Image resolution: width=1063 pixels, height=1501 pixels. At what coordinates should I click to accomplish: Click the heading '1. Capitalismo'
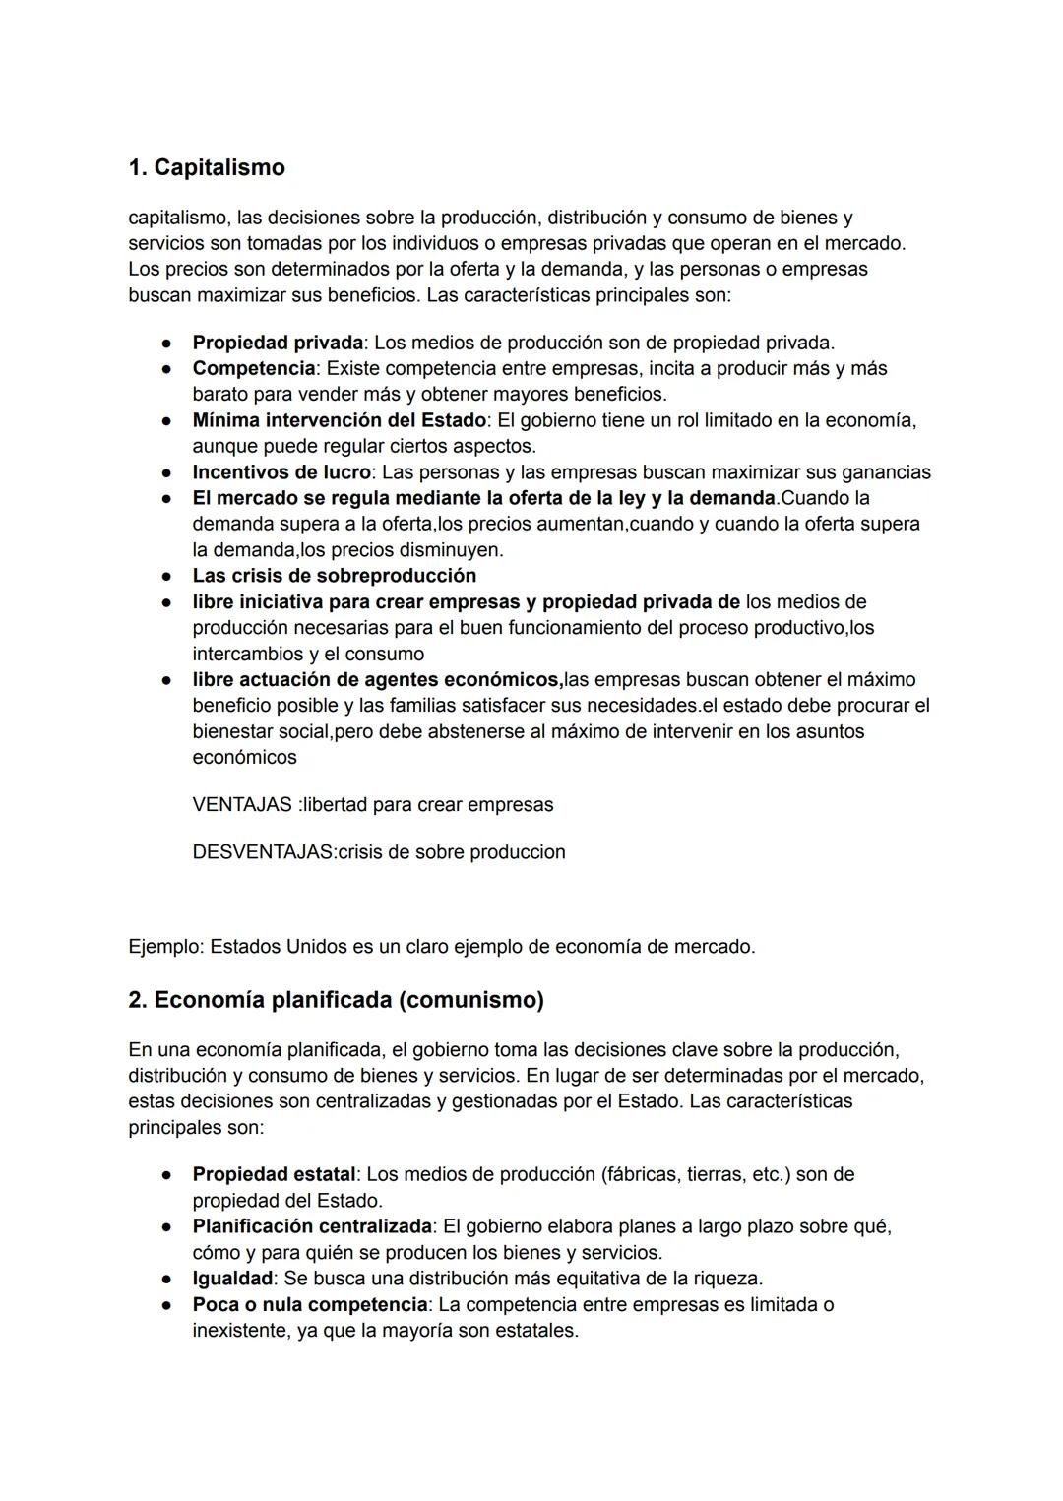click(207, 168)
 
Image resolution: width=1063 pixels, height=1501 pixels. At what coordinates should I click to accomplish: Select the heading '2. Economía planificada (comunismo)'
click(336, 1000)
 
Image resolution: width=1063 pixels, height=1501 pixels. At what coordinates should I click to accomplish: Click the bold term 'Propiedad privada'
click(278, 343)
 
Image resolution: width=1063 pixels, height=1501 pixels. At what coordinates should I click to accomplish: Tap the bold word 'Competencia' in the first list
click(254, 368)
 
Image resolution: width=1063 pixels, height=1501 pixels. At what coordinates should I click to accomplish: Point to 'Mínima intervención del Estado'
click(339, 420)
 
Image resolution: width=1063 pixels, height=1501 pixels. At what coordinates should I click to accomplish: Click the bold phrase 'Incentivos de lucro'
click(281, 472)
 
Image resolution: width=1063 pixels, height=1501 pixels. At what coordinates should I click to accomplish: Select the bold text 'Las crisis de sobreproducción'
click(334, 576)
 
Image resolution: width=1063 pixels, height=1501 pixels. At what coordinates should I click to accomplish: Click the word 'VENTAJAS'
click(241, 805)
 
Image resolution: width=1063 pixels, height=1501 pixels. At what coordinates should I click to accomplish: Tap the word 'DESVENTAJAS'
click(262, 852)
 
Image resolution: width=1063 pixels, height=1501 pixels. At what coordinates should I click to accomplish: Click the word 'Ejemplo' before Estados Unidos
click(163, 947)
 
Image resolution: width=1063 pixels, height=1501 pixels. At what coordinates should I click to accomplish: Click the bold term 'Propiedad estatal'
click(274, 1174)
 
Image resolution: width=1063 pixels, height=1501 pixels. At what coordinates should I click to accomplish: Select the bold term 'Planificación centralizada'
click(312, 1226)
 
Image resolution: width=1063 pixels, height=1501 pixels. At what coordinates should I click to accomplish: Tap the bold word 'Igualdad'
click(232, 1279)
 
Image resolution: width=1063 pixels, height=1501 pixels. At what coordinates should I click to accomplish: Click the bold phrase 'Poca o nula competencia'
click(309, 1304)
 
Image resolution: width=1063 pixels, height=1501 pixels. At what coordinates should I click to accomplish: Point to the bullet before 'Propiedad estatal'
click(168, 1175)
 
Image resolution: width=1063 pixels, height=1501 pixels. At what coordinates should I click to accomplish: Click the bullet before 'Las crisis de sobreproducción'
click(168, 577)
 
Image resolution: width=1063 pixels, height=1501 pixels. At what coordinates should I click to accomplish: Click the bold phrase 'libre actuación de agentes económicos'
click(376, 680)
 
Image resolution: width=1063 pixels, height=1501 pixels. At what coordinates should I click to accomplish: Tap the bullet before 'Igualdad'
click(168, 1280)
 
